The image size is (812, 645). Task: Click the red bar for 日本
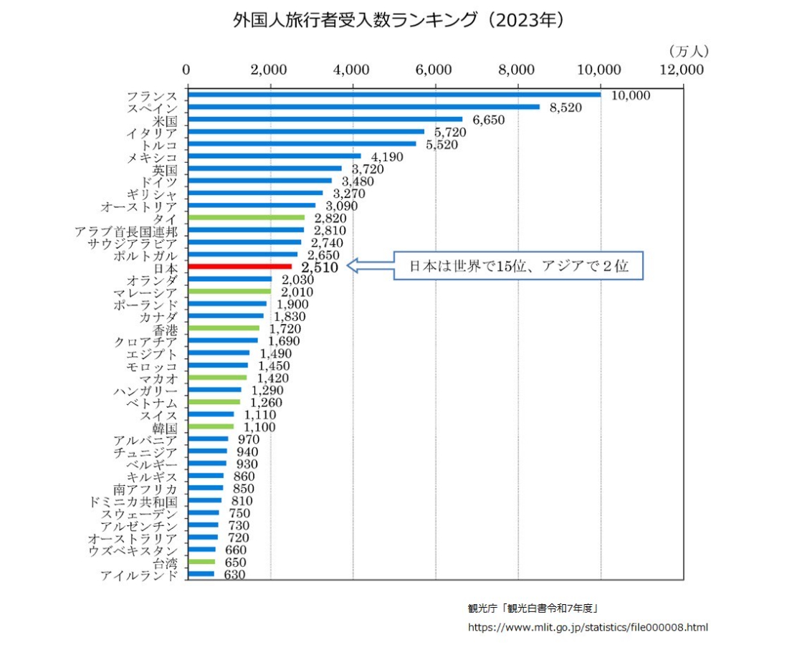[239, 267]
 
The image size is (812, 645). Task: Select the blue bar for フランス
[393, 95]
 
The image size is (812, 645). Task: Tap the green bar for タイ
[246, 218]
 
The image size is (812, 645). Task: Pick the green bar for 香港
[223, 328]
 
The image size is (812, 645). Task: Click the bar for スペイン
[363, 107]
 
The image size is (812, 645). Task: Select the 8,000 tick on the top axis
[517, 70]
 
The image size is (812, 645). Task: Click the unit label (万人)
[688, 51]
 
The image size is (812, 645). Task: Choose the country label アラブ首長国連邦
[126, 231]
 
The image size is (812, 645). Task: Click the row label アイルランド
[138, 575]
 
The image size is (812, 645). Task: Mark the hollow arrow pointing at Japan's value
[370, 267]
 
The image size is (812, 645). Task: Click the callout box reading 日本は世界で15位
[518, 266]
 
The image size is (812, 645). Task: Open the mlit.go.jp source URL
[587, 628]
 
